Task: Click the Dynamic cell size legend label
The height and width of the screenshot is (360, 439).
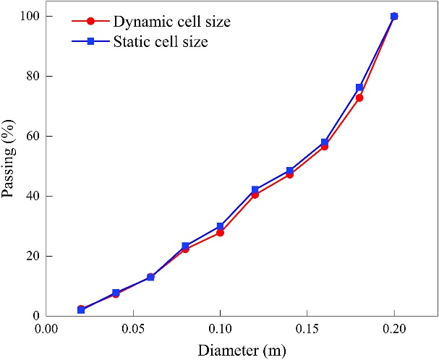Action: (x=171, y=22)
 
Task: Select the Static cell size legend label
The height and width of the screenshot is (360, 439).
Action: (x=160, y=42)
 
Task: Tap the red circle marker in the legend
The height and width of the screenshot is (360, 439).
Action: (x=91, y=22)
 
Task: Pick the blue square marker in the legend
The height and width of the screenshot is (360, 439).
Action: (x=91, y=42)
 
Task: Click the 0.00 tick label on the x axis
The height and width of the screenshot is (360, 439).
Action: (x=46, y=329)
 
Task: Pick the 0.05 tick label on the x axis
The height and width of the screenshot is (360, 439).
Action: (x=133, y=329)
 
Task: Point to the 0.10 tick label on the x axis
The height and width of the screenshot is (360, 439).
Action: (x=220, y=329)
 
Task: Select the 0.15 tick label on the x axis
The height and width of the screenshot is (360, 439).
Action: (x=307, y=329)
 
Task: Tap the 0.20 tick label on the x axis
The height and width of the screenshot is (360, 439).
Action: (x=393, y=329)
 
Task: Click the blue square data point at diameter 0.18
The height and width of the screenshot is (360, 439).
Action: (x=359, y=87)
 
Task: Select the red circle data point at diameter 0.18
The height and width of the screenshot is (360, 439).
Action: (x=359, y=98)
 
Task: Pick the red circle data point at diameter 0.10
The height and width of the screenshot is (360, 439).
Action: (x=220, y=233)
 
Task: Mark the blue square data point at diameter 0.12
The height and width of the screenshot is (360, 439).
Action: (x=255, y=189)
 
